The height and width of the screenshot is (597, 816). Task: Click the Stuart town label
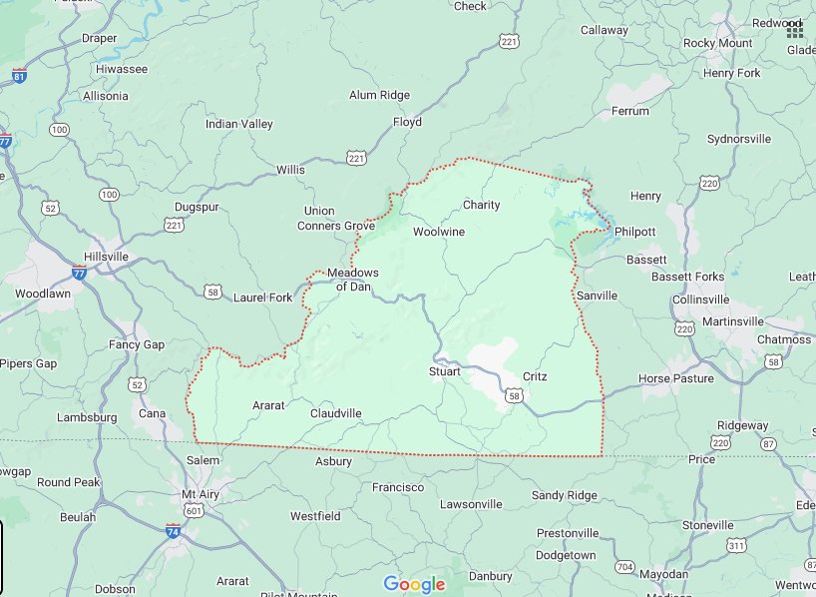click(x=444, y=371)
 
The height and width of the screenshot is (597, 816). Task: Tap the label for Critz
click(x=535, y=376)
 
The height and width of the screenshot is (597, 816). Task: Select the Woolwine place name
click(x=439, y=232)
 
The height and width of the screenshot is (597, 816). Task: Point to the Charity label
click(x=481, y=205)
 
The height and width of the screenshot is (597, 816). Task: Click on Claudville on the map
click(x=335, y=413)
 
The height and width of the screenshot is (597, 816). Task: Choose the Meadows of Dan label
click(x=353, y=280)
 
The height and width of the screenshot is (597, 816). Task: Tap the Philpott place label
click(x=634, y=232)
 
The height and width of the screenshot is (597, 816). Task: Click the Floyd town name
click(x=407, y=122)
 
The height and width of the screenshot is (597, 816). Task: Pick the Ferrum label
click(x=629, y=110)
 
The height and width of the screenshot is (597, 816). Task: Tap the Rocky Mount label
click(x=717, y=43)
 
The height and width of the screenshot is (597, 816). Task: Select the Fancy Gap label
click(x=136, y=344)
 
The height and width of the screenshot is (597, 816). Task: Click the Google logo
click(x=413, y=585)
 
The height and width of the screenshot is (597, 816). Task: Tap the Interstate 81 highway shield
click(x=20, y=76)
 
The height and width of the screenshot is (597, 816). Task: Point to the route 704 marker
click(x=624, y=567)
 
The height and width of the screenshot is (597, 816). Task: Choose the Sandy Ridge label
click(x=564, y=495)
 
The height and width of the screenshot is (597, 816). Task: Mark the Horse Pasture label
click(x=675, y=378)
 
